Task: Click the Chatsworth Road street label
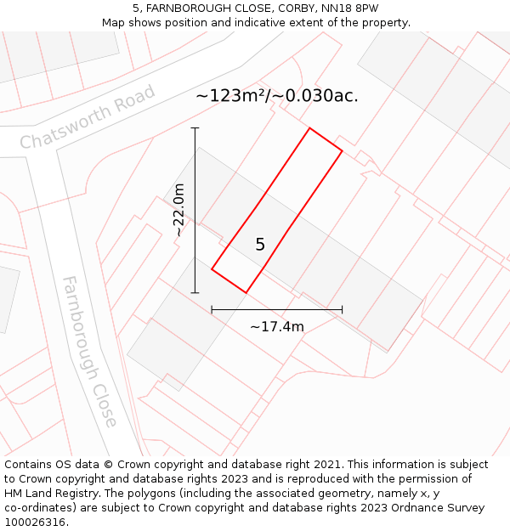point(88,117)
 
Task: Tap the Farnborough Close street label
point(89,351)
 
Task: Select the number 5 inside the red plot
point(260,245)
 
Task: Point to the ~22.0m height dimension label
point(179,210)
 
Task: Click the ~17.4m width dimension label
point(277,326)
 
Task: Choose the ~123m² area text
point(230,96)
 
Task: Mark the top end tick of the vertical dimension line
point(195,128)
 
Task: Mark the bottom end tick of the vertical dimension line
point(195,292)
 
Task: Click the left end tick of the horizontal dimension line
point(212,309)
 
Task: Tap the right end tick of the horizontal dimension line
point(342,309)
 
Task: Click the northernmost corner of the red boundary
point(309,129)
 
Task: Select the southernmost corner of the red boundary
point(246,292)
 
